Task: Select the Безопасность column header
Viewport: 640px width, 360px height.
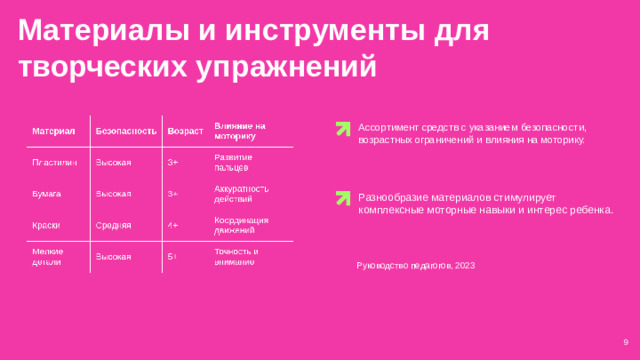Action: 125,132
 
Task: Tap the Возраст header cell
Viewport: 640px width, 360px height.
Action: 185,132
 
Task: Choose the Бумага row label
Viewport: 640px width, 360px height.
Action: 47,193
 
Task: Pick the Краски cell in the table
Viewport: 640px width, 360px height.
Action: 46,225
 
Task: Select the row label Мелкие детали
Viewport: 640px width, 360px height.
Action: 48,256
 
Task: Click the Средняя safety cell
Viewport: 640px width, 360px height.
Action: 113,225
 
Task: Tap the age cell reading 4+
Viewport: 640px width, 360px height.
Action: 173,225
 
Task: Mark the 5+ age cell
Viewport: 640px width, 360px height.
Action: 173,257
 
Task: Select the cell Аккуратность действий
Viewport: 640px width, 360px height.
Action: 241,193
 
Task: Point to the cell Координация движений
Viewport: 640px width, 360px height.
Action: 241,225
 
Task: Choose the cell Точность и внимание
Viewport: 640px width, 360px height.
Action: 236,256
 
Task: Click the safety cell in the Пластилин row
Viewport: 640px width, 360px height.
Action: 113,162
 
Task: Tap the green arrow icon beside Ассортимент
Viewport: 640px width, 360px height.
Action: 343,128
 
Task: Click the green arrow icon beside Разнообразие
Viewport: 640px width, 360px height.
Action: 343,198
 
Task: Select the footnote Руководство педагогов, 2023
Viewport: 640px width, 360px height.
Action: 415,266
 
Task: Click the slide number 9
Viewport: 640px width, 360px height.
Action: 625,345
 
